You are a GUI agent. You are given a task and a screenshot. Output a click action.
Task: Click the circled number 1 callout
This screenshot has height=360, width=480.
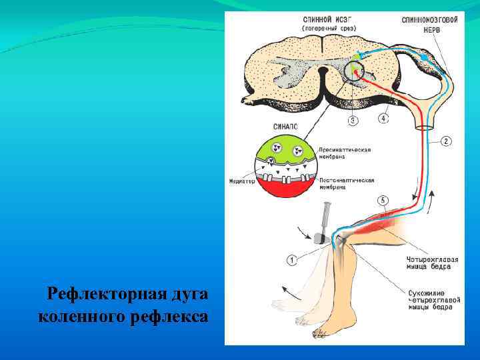click(x=292, y=259)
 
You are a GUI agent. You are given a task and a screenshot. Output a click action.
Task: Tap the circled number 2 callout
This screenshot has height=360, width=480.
click(x=445, y=141)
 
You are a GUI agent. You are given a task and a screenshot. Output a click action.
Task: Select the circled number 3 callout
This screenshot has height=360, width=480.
click(x=353, y=121)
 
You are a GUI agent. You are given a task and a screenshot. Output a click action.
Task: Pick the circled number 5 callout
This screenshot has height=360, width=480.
click(x=382, y=200)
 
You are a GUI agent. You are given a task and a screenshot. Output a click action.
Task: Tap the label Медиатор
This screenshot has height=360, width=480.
click(x=241, y=181)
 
